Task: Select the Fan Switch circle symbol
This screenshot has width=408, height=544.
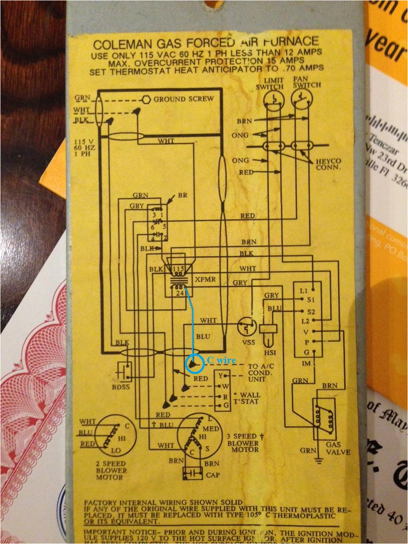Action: [x=300, y=99]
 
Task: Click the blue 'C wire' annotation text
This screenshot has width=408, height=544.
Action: [x=221, y=360]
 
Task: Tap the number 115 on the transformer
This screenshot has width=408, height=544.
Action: [x=178, y=269]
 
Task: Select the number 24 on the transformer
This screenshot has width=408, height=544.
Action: [x=179, y=292]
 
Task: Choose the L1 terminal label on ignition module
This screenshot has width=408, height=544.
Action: [x=303, y=291]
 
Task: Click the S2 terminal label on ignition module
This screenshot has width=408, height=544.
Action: [x=311, y=311]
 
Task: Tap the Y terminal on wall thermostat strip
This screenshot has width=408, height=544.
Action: [x=220, y=376]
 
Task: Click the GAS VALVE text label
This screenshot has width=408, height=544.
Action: [x=338, y=448]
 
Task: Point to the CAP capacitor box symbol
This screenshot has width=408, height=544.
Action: [x=193, y=474]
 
